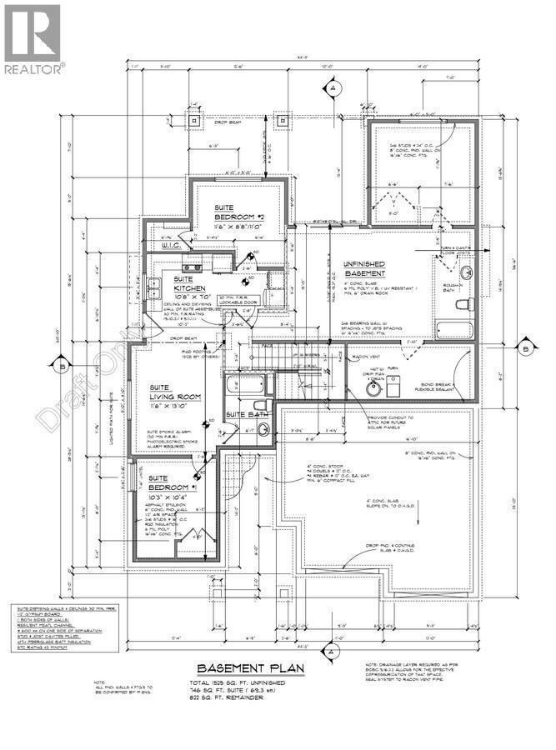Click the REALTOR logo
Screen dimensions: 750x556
click(x=32, y=38)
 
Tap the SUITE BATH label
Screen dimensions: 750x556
click(x=247, y=414)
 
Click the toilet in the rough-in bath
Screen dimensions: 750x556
click(x=467, y=272)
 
